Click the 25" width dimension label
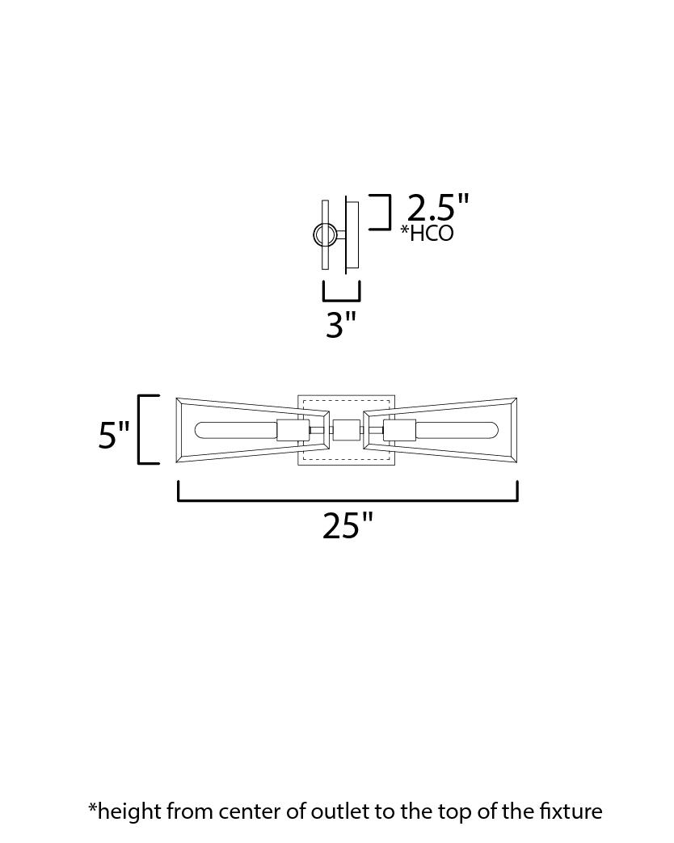coord(348,526)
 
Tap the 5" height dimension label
coord(114,434)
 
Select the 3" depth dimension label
coord(341,325)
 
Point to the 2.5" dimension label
coord(438,208)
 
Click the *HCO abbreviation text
coord(428,234)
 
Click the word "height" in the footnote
coord(129,812)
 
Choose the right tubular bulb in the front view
coord(457,430)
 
